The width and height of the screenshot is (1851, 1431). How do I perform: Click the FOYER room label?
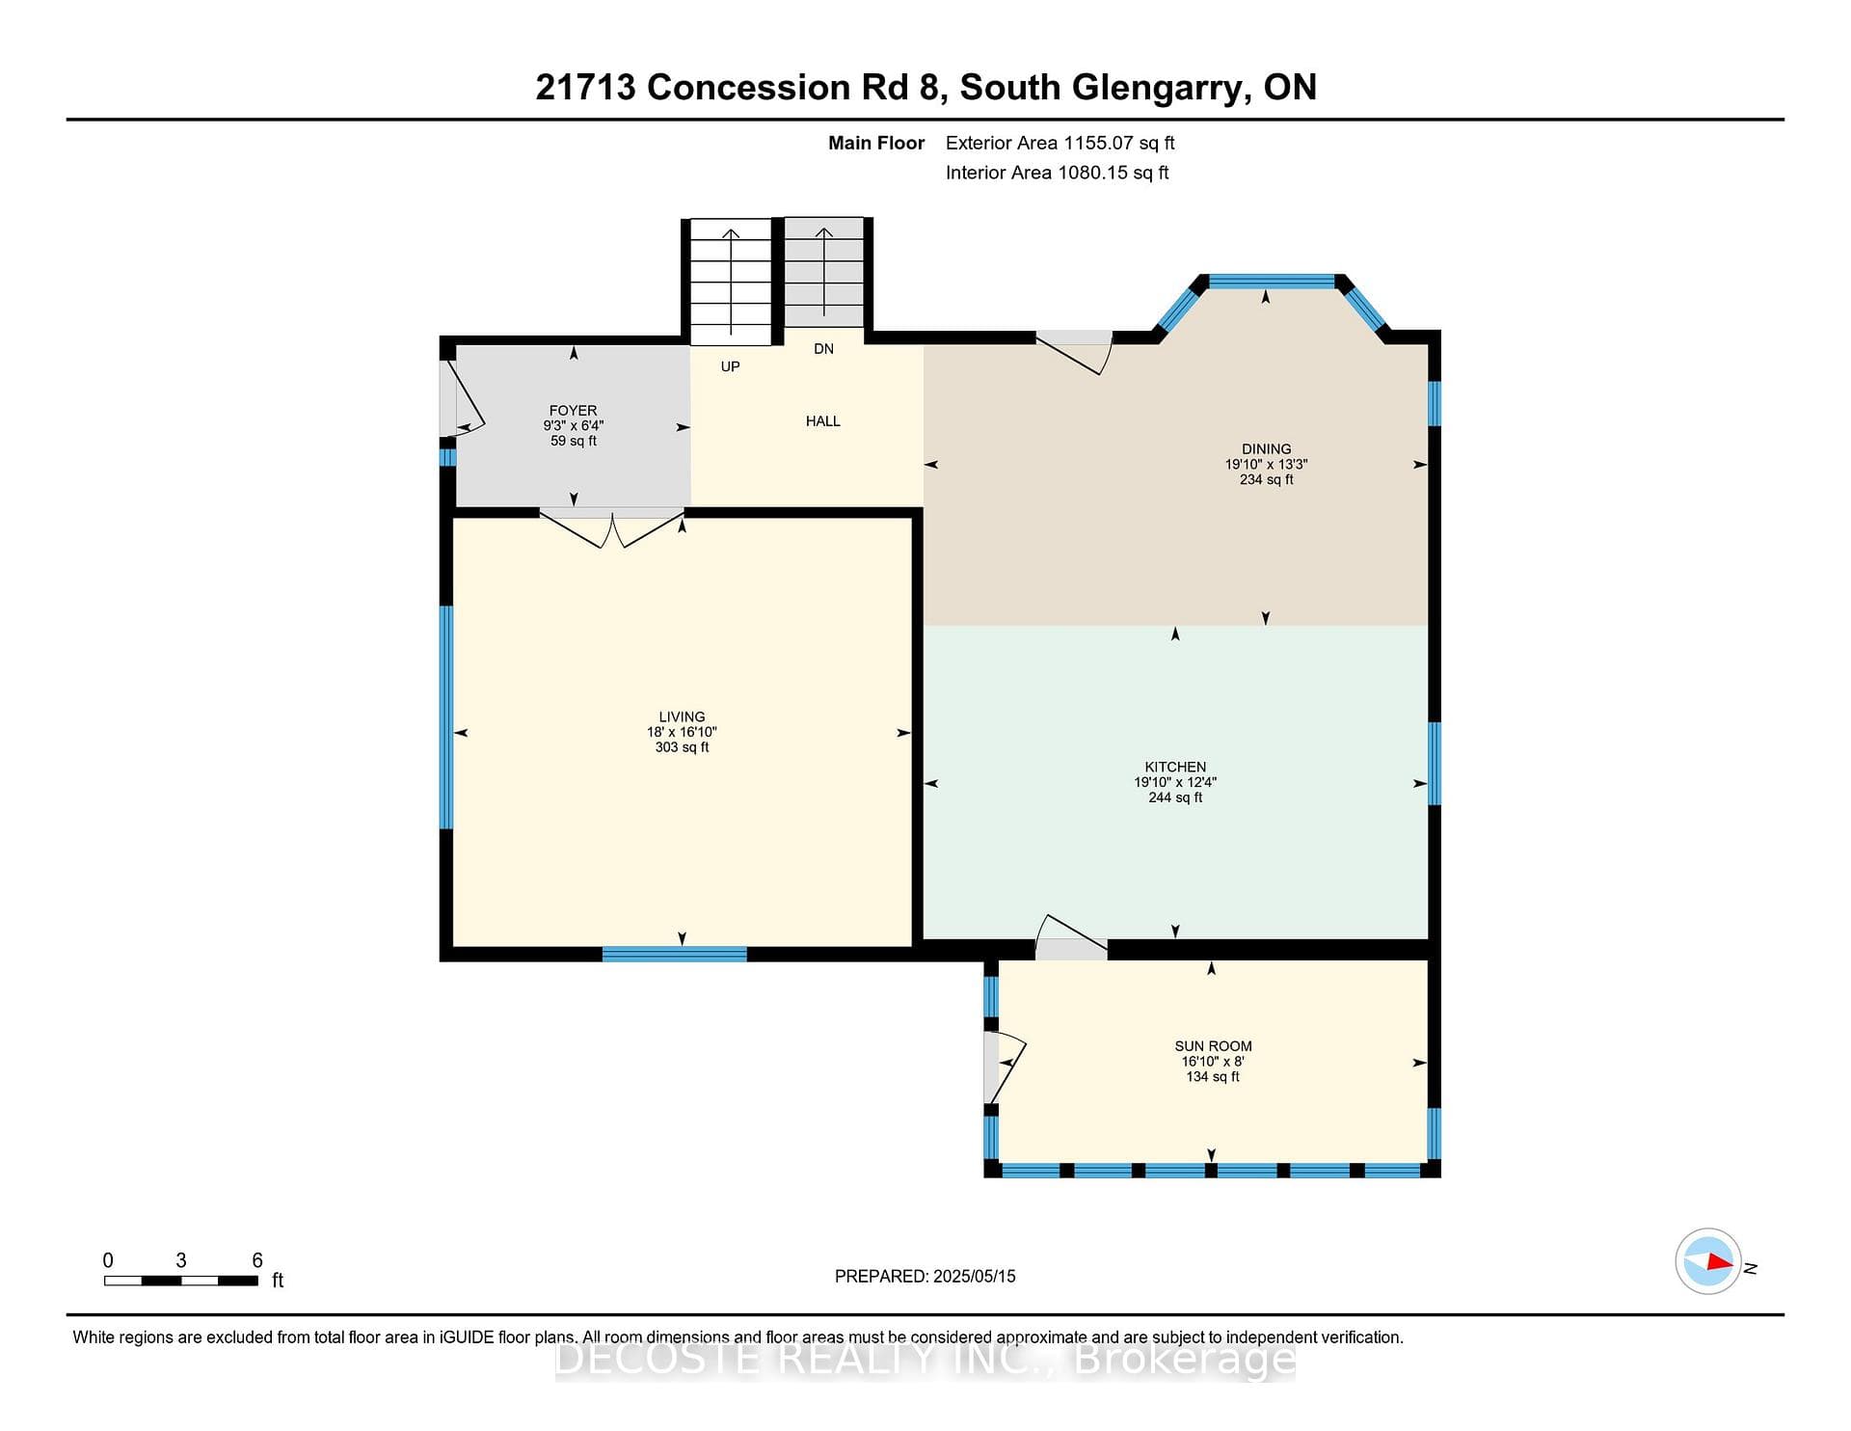(x=573, y=411)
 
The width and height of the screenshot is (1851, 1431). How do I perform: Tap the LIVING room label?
(x=682, y=716)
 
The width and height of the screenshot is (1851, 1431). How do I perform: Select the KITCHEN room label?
(x=1175, y=767)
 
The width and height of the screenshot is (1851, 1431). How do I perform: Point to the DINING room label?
(x=1266, y=449)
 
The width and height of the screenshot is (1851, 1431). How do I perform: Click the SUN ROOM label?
(x=1213, y=1046)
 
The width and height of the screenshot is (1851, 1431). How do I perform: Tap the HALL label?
(x=823, y=421)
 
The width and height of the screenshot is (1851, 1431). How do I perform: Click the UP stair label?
(x=730, y=366)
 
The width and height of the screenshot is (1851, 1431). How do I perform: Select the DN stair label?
(x=823, y=349)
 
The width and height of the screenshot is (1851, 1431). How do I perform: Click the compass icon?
(x=1708, y=1261)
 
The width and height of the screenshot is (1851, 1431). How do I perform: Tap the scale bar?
(x=181, y=1281)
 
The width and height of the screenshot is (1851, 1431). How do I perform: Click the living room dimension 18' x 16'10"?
(x=682, y=732)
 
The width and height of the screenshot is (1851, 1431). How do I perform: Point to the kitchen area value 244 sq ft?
(x=1175, y=797)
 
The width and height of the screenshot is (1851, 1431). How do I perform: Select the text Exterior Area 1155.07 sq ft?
(x=1060, y=144)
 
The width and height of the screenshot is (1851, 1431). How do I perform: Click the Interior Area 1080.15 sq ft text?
(x=1057, y=173)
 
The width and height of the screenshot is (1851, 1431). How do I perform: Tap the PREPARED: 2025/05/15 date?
(x=925, y=1276)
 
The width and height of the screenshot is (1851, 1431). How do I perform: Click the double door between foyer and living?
(x=612, y=527)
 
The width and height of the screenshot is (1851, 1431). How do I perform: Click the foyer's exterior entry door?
(x=461, y=399)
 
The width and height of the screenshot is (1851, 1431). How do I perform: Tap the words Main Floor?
(x=876, y=144)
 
